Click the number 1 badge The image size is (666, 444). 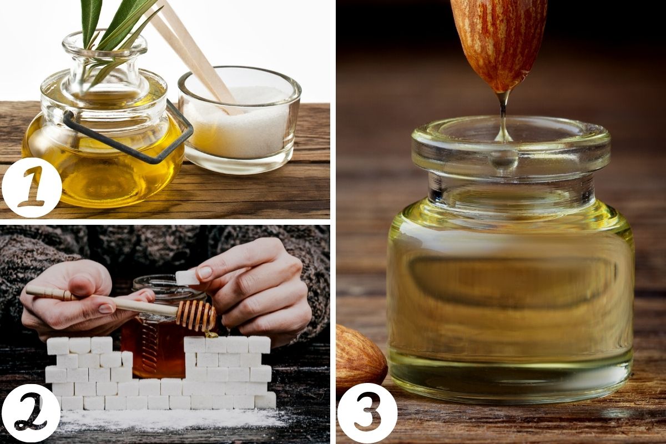(32, 188)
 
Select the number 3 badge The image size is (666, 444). (367, 413)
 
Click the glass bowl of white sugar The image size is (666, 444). (240, 120)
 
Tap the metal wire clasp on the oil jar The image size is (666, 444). (128, 134)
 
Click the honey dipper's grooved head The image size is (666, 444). (196, 316)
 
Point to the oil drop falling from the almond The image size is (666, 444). (503, 119)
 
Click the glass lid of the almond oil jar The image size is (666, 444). (511, 146)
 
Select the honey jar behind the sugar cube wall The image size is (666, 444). (162, 327)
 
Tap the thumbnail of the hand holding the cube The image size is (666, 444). (205, 273)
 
